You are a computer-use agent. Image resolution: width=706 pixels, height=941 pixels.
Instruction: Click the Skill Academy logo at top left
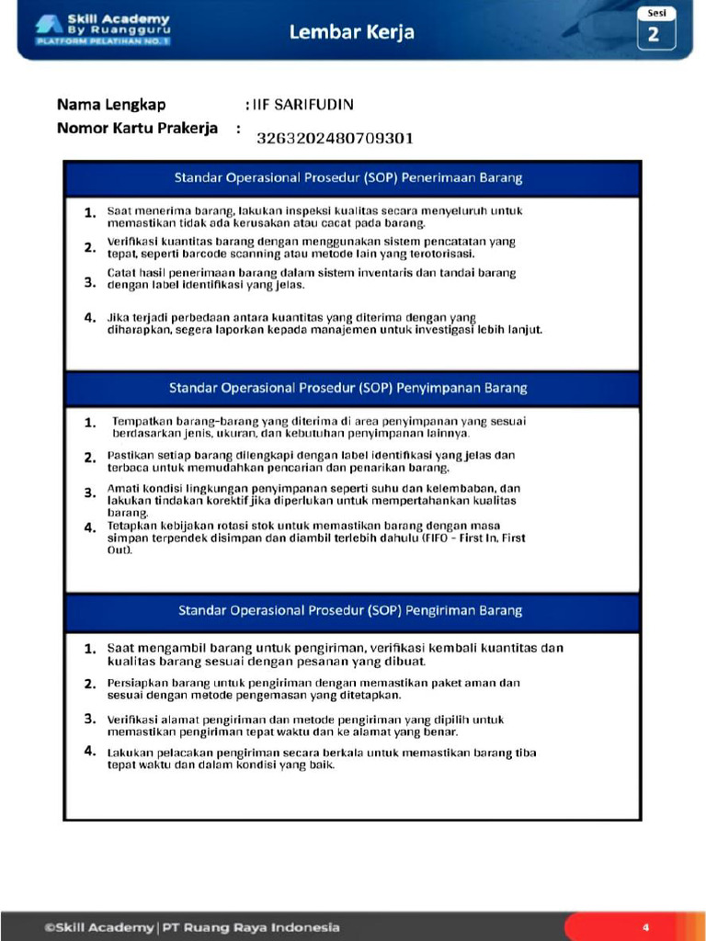point(102,30)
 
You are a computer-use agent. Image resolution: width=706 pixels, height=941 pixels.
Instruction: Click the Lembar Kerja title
point(351,32)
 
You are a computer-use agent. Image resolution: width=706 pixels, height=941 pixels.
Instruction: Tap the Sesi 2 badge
point(656,29)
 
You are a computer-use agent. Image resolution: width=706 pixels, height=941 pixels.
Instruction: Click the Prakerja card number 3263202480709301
point(335,139)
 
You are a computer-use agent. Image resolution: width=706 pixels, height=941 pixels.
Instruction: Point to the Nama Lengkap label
point(111,105)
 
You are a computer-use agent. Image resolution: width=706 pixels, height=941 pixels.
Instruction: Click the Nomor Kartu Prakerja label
point(137,128)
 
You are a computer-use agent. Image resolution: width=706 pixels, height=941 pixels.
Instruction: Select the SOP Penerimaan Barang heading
point(348,177)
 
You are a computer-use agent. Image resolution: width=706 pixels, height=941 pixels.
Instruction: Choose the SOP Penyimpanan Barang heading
point(348,388)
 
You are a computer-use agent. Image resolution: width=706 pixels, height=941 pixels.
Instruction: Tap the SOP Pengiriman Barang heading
point(350,610)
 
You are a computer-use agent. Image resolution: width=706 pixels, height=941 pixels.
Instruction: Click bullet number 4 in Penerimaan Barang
point(90,318)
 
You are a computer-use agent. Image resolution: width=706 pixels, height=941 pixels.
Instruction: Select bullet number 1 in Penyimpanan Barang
point(90,423)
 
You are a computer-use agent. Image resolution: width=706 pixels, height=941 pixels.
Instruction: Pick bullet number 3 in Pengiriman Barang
point(90,719)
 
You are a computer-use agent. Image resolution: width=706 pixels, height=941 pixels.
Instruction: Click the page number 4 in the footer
point(645,927)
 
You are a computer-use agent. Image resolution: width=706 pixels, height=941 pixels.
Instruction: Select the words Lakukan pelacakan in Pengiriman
point(146,753)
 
